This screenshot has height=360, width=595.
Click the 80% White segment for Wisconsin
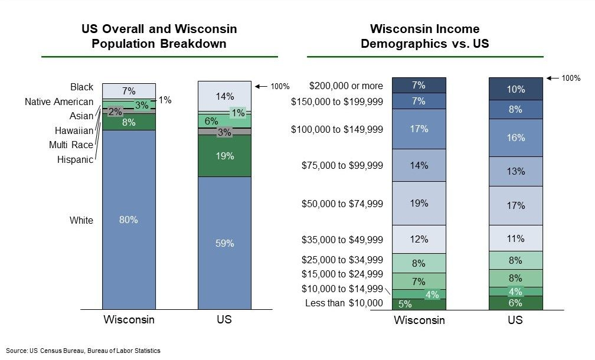[129, 220]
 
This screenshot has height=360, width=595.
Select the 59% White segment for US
[224, 243]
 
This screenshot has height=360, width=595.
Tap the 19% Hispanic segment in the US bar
[224, 156]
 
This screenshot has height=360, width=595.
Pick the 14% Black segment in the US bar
[224, 96]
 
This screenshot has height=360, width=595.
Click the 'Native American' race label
[59, 102]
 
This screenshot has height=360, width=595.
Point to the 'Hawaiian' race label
[74, 130]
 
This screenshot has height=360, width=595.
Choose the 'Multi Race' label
[71, 145]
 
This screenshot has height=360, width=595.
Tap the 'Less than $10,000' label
[344, 303]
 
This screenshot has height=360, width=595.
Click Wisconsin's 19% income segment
[419, 203]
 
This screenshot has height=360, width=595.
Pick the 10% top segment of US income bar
[515, 89]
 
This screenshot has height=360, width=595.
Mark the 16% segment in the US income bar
[515, 138]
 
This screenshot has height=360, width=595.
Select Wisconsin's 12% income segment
[419, 239]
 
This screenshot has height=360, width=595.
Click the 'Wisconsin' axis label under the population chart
[129, 320]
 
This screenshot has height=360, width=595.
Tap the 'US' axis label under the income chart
[515, 320]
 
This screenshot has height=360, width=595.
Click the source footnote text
[83, 351]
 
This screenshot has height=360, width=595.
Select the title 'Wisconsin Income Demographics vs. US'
[424, 37]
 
